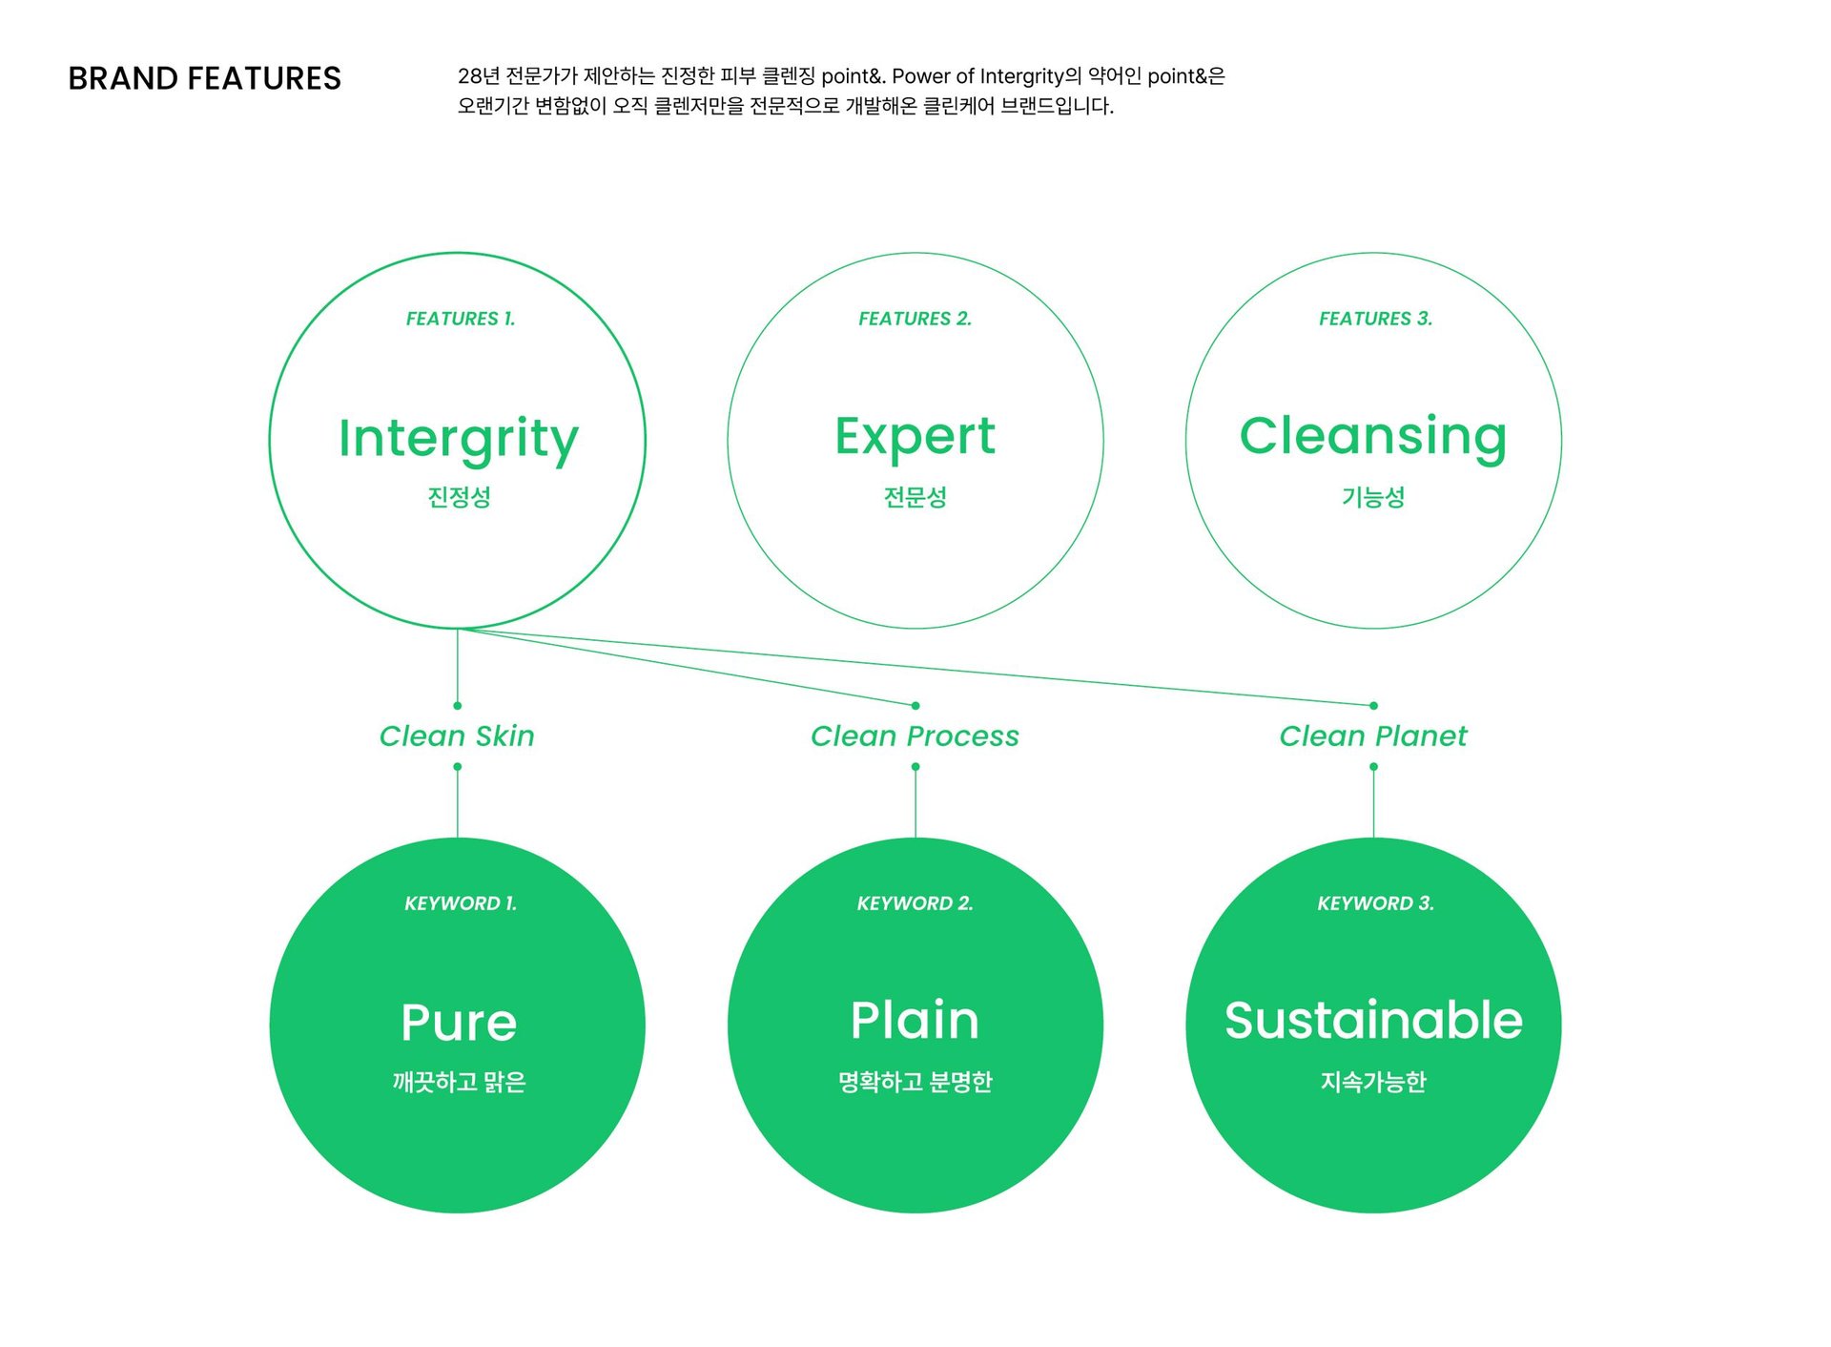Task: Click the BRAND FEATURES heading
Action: pyautogui.click(x=204, y=78)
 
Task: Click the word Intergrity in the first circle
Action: pyautogui.click(x=458, y=439)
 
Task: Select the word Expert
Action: pyautogui.click(x=915, y=437)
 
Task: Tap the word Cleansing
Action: pyautogui.click(x=1372, y=437)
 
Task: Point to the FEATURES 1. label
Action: pyautogui.click(x=461, y=319)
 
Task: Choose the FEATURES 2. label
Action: pyautogui.click(x=915, y=319)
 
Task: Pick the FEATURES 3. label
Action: pyautogui.click(x=1375, y=319)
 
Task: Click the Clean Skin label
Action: pyautogui.click(x=457, y=736)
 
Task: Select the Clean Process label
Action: pyautogui.click(x=915, y=736)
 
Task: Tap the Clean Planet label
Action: pyautogui.click(x=1372, y=736)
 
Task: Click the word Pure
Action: pyautogui.click(x=459, y=1023)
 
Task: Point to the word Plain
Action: pyautogui.click(x=915, y=1020)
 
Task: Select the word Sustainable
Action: pyautogui.click(x=1372, y=1020)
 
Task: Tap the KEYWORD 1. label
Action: pyautogui.click(x=461, y=903)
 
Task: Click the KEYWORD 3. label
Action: pyautogui.click(x=1375, y=903)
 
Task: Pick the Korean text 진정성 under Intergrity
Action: pyautogui.click(x=459, y=497)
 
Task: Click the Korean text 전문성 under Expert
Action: pyautogui.click(x=915, y=497)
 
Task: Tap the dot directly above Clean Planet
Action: pyautogui.click(x=1373, y=706)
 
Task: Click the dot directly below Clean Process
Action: pyautogui.click(x=915, y=767)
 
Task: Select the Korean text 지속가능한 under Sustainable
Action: pyautogui.click(x=1372, y=1082)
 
